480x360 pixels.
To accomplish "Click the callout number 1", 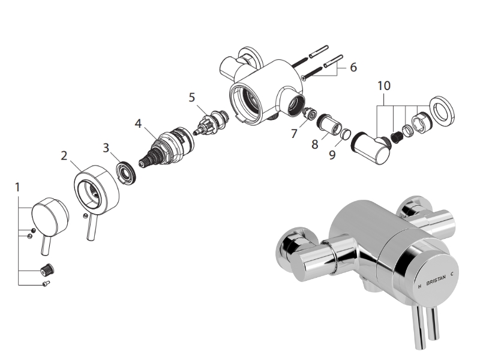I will click(x=17, y=187).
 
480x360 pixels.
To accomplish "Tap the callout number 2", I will click(x=64, y=156).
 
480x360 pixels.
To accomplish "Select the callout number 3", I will click(x=106, y=146).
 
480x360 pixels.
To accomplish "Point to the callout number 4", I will click(x=138, y=124).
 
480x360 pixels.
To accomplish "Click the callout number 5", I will click(x=192, y=96).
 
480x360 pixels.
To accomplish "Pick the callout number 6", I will click(x=353, y=67).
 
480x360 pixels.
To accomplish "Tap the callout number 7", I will click(x=294, y=134).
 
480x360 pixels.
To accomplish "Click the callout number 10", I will click(x=384, y=86).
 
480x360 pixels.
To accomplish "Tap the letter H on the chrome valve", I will click(x=419, y=286).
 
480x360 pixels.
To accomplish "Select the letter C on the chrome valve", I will click(x=458, y=274).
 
